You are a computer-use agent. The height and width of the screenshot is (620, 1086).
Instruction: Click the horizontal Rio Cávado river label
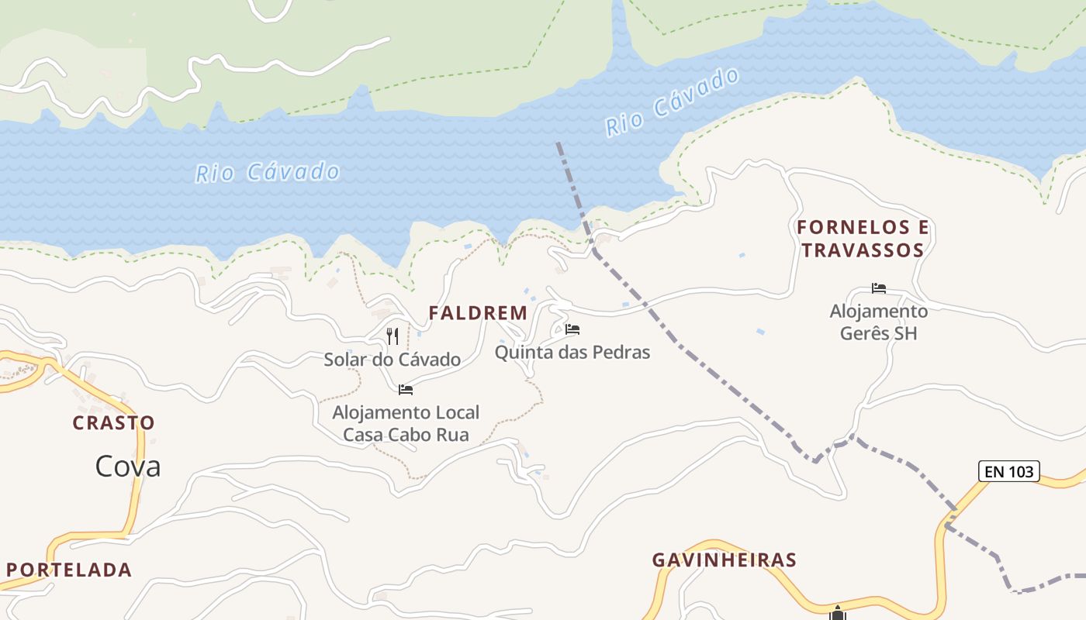(268, 172)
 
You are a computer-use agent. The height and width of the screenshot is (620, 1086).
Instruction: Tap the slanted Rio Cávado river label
(672, 102)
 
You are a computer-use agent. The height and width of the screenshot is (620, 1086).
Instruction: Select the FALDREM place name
(478, 313)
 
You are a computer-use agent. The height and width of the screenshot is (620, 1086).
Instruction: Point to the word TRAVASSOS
(863, 250)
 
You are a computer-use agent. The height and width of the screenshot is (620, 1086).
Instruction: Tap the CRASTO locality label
(113, 423)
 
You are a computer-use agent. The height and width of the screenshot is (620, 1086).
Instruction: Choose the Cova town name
(128, 466)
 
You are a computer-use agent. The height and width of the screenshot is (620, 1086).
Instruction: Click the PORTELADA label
(69, 570)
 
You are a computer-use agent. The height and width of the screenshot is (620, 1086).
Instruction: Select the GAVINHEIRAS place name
(724, 560)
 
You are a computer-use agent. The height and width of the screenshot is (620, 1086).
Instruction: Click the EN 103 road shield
(1008, 471)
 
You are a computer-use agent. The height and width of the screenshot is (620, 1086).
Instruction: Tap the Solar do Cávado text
(392, 360)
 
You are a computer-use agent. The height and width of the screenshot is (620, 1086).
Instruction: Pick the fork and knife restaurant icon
(393, 336)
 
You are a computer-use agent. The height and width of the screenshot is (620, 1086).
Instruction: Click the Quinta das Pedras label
(572, 353)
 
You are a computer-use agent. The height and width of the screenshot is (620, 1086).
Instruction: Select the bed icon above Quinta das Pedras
(572, 329)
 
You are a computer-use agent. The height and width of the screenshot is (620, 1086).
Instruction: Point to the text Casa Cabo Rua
(406, 435)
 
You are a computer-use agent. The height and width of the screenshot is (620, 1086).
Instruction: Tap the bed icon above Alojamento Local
(406, 389)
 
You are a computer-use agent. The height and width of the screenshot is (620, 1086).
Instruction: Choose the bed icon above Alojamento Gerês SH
(878, 288)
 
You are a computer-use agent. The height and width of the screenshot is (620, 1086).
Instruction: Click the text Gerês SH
(878, 333)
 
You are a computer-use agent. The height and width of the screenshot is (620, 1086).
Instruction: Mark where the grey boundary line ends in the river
(558, 143)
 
